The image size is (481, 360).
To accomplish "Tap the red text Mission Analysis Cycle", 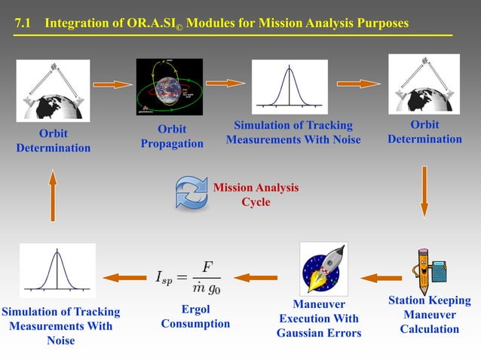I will pos(255,195).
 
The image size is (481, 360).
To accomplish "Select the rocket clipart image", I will pos(323,268).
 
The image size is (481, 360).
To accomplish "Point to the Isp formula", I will pos(188,277).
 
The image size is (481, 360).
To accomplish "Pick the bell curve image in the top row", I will pos(290,87).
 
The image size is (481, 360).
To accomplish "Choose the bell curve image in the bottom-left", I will pos(58,271).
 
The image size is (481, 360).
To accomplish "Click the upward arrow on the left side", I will pos(53,195).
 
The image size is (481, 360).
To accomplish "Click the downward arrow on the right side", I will pos(424,191).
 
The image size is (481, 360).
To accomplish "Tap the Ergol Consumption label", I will pos(195,316).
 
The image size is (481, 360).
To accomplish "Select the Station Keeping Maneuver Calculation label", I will pos(429,315).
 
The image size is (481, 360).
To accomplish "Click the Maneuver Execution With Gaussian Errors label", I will pos(319,319).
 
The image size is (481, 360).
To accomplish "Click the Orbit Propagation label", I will pos(172,136).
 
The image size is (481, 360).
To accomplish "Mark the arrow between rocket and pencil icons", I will pos(381,278).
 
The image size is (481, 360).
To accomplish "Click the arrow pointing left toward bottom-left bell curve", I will pos(122,278).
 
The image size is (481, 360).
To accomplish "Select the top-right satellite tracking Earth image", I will pos(424,84).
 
